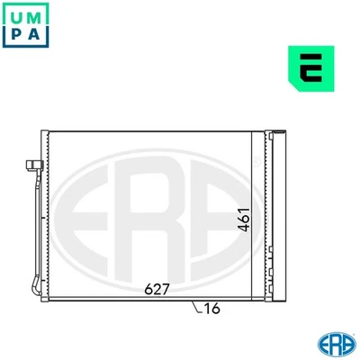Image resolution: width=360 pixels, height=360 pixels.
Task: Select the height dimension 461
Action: pyautogui.click(x=244, y=217)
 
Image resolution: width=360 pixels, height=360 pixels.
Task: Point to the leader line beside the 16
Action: pyautogui.click(x=196, y=307)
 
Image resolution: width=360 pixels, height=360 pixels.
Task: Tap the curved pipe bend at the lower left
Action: pyautogui.click(x=34, y=286)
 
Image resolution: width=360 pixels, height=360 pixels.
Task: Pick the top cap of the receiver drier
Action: pyautogui.click(x=278, y=135)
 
